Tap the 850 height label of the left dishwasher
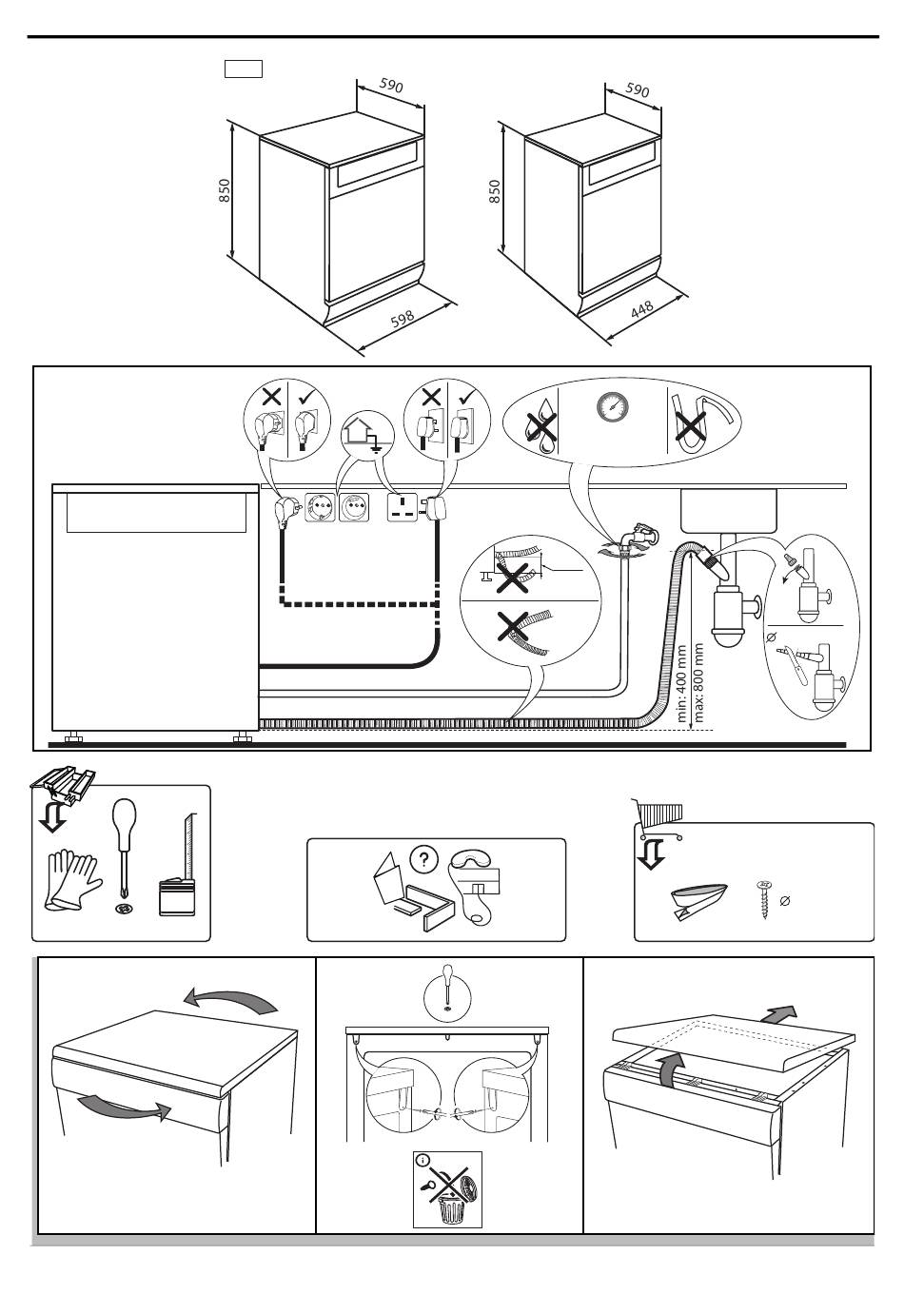coord(225,191)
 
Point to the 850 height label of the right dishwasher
coord(494,191)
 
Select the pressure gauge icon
coord(612,407)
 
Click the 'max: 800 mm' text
coord(701,682)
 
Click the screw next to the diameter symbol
coord(762,897)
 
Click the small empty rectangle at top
coord(243,69)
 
